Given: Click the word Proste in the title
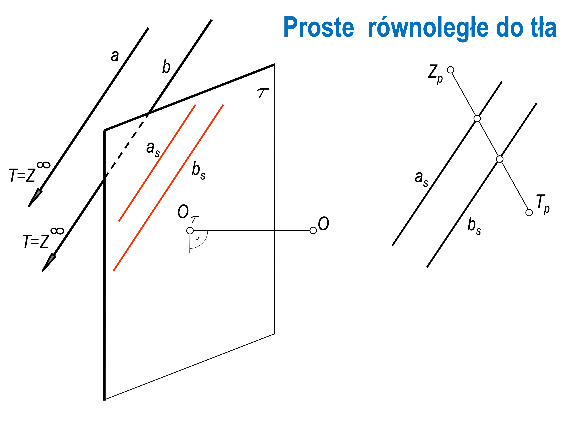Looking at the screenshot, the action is click(x=319, y=27).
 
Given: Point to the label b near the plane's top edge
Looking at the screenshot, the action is click(x=166, y=67).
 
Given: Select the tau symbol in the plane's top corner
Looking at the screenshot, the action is click(x=262, y=93).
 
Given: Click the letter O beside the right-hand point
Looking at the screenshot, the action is click(x=323, y=224).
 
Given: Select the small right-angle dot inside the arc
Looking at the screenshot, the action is click(x=197, y=238).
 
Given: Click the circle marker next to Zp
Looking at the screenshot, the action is click(x=451, y=70).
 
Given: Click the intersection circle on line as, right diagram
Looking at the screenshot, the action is click(x=477, y=119).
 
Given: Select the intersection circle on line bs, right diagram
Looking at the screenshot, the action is click(x=500, y=159).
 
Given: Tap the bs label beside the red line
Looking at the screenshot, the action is click(x=199, y=171).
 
